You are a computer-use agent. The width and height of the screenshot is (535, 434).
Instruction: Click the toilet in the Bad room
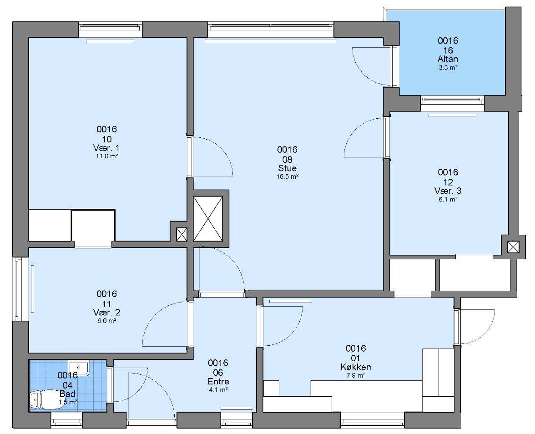(42, 399)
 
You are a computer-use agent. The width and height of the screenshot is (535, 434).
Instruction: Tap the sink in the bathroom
(78, 368)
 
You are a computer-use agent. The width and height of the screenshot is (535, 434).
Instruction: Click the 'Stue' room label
(288, 168)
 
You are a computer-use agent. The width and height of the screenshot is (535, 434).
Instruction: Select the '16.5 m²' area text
(288, 177)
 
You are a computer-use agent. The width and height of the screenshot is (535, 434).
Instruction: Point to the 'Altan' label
(448, 59)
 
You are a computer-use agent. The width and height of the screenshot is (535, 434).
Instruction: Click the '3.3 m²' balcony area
(448, 67)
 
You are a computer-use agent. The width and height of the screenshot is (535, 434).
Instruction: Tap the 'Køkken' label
(356, 367)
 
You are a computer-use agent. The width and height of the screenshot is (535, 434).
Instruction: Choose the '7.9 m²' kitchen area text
(356, 376)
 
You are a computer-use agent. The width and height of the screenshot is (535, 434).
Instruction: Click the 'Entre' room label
(218, 381)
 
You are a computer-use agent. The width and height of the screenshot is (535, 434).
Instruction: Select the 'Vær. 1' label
(106, 148)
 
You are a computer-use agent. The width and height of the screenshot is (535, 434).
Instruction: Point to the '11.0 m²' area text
(107, 156)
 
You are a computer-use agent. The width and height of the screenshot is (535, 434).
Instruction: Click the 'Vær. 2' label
(106, 313)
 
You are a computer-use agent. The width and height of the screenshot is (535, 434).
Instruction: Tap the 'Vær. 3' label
(448, 191)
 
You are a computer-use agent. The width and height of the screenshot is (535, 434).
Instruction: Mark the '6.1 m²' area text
(448, 200)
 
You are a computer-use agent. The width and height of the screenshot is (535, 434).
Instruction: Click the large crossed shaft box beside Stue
(208, 219)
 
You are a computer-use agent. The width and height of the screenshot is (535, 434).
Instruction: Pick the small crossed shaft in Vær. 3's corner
(513, 247)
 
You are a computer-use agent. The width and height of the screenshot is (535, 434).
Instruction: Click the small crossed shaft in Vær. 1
(182, 234)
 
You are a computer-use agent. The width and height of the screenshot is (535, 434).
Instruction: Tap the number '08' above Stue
(288, 159)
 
